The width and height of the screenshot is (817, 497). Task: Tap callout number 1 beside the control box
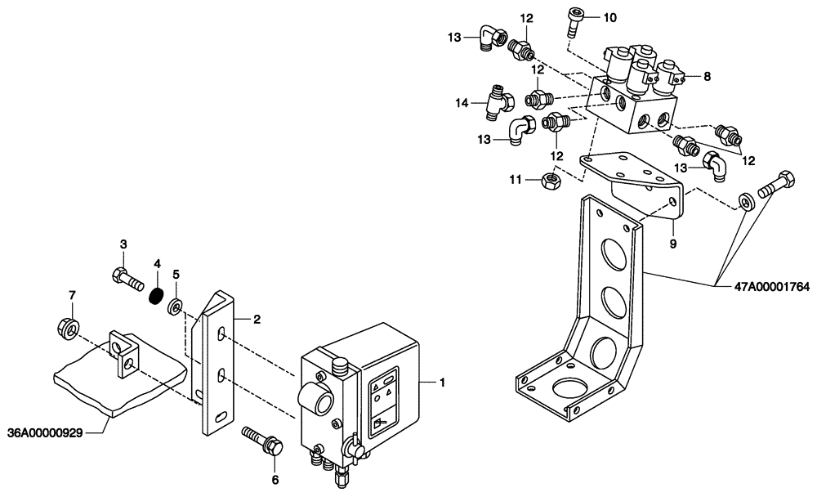pos(442,383)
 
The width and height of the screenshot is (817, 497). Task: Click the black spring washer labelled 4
pos(156,292)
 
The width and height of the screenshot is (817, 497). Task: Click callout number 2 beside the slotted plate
pos(256,320)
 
